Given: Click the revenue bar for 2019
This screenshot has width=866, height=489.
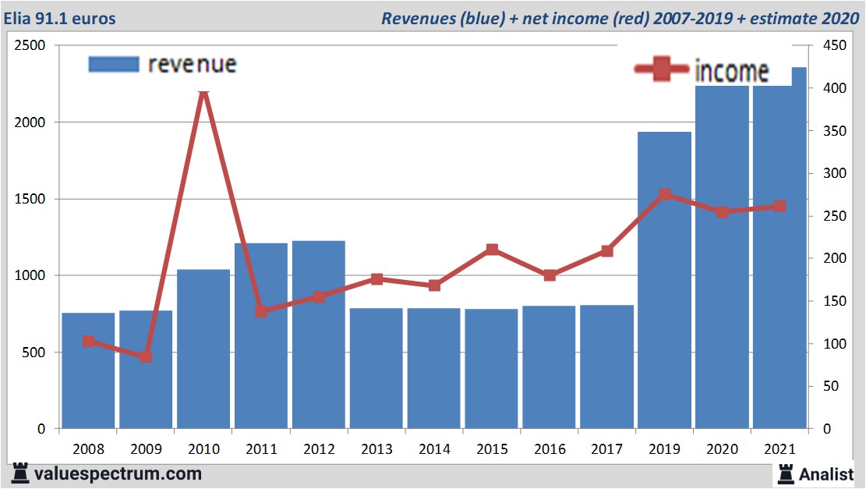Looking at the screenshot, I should [664, 281].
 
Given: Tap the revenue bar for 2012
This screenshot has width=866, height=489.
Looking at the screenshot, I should [318, 335].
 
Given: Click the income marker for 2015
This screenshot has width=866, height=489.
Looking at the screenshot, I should [492, 250].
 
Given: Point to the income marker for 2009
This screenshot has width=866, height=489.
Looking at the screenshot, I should [146, 356].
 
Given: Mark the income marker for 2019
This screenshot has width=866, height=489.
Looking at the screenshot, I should [664, 195].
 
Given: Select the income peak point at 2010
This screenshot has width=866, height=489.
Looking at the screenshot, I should [203, 93].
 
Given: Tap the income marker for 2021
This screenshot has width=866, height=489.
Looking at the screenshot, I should [779, 207].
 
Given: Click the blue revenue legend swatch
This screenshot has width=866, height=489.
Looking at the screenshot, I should [114, 64].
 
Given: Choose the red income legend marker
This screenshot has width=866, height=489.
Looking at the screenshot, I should [663, 70].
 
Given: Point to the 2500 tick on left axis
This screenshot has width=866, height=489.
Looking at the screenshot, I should [30, 46].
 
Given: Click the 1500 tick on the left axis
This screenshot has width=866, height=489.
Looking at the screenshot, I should [30, 199].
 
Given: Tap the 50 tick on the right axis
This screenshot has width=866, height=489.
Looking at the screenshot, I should [819, 386].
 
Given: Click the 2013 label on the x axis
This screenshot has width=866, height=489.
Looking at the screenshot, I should [376, 450].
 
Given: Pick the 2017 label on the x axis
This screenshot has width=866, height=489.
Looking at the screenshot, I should [606, 450].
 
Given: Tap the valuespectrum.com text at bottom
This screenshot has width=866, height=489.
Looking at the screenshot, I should [118, 473].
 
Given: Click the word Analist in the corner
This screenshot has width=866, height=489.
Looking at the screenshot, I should [826, 473].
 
